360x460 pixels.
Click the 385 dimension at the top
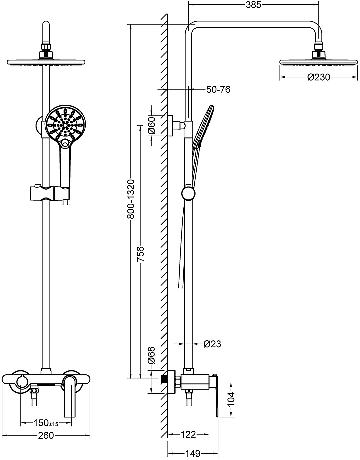click(253, 4)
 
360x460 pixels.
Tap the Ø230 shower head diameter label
click(318, 77)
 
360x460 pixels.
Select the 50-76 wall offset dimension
click(218, 89)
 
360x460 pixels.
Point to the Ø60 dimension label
click(151, 125)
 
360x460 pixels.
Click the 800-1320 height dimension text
click(131, 199)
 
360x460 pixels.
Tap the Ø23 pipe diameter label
click(212, 344)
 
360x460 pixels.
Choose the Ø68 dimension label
click(151, 355)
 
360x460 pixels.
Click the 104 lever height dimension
click(231, 399)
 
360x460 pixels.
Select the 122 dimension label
click(188, 434)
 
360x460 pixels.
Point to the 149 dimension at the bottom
click(193, 453)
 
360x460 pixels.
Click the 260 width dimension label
click(46, 435)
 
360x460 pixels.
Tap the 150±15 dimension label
click(46, 423)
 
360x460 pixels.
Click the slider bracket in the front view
click(50, 193)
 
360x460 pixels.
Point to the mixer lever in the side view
click(216, 396)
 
